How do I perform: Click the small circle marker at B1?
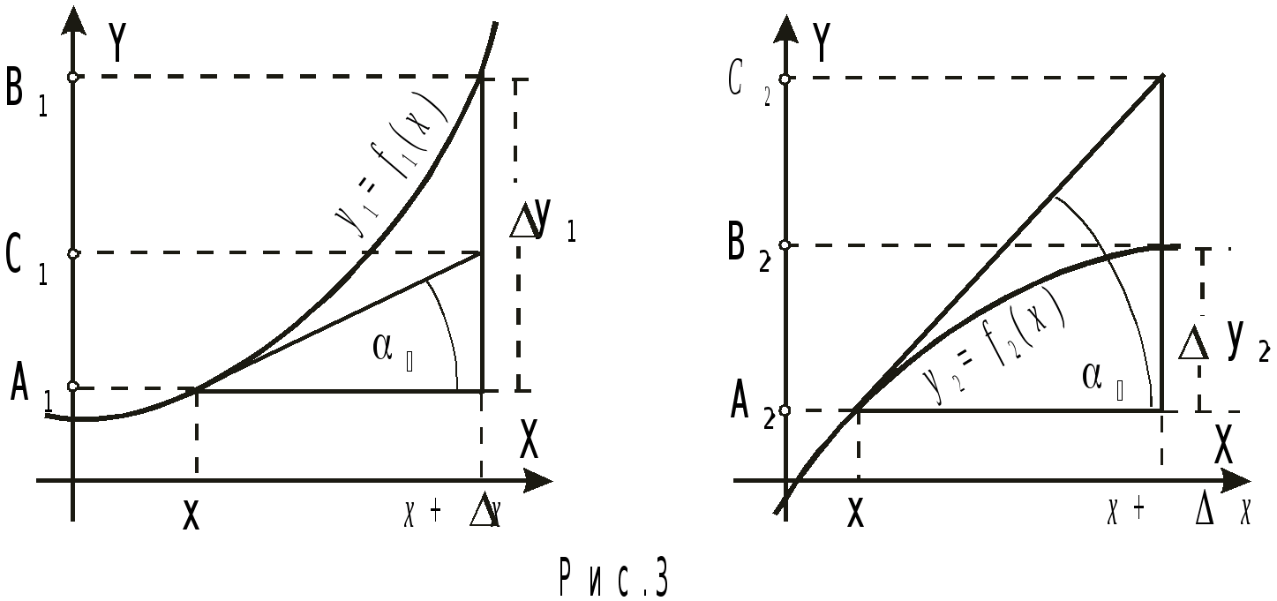[74, 78]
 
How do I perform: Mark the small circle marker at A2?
[785, 410]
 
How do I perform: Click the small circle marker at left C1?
[74, 254]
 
